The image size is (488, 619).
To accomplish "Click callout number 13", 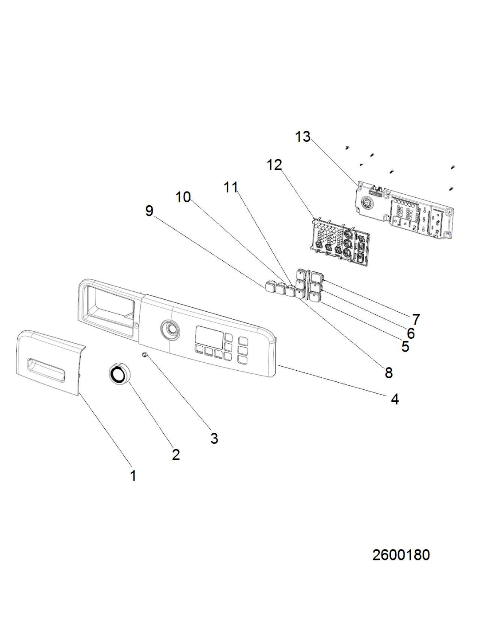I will tap(303, 137).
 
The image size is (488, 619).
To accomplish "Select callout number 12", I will tap(275, 165).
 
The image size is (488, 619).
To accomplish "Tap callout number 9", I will tap(149, 211).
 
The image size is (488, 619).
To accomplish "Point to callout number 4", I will tap(394, 399).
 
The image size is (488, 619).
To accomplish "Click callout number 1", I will tap(133, 476).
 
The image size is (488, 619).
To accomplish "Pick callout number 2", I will tap(176, 454).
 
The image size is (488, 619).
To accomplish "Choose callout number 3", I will tap(214, 439).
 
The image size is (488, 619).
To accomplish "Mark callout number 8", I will tap(389, 373).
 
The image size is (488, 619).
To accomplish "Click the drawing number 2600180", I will tap(401, 555).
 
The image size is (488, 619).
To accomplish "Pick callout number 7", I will tap(416, 319).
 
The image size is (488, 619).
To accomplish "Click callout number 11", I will tap(231, 188).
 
